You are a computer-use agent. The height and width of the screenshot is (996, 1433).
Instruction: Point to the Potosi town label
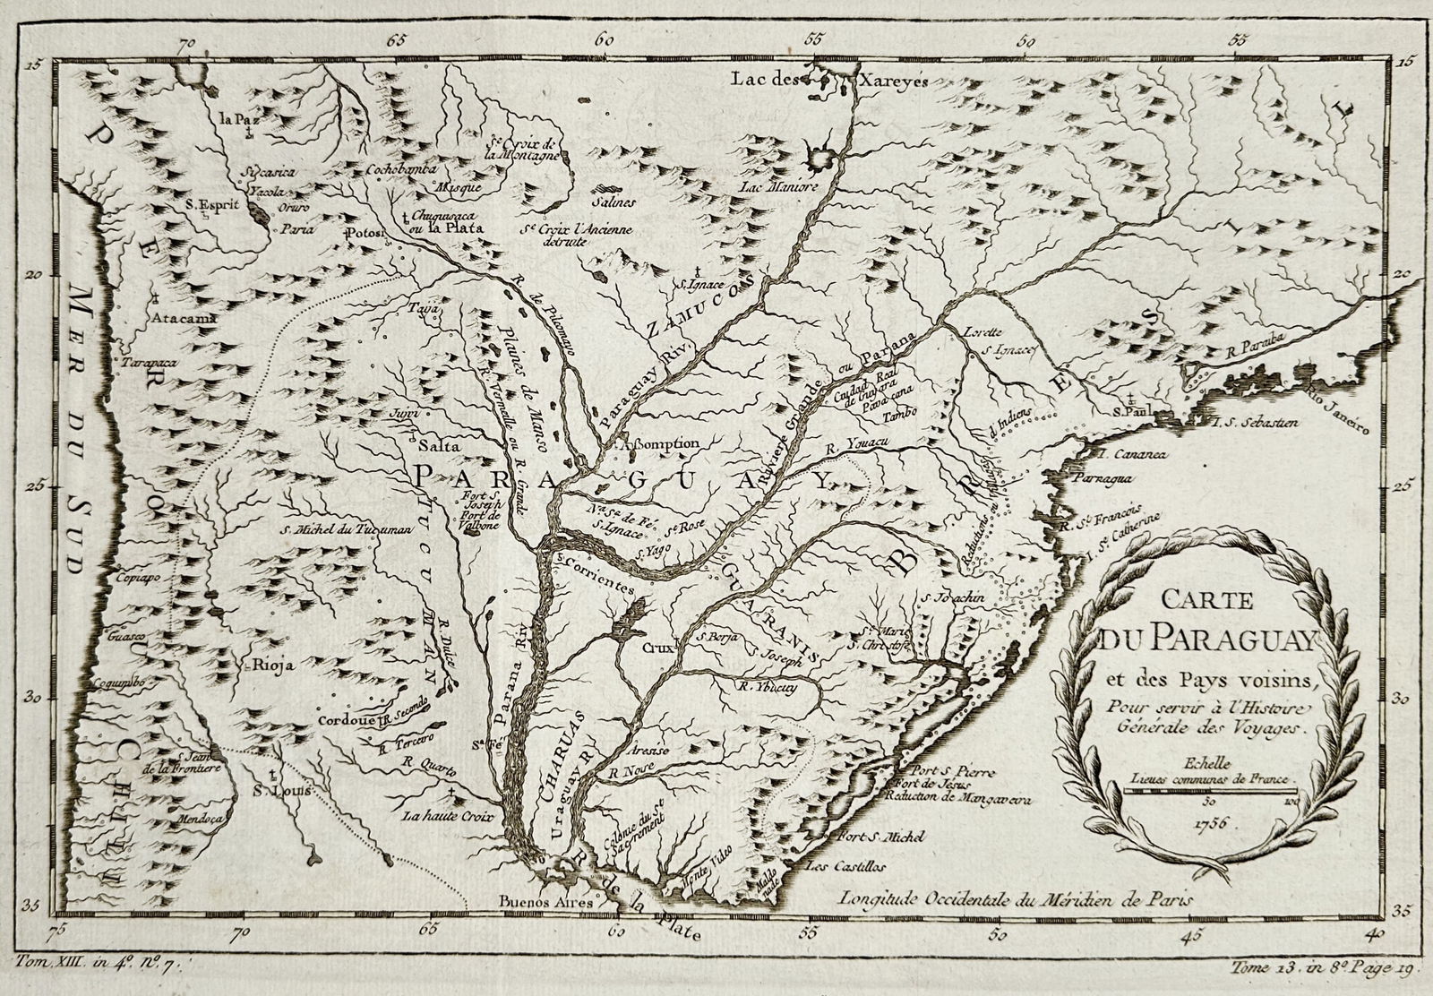point(365,233)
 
